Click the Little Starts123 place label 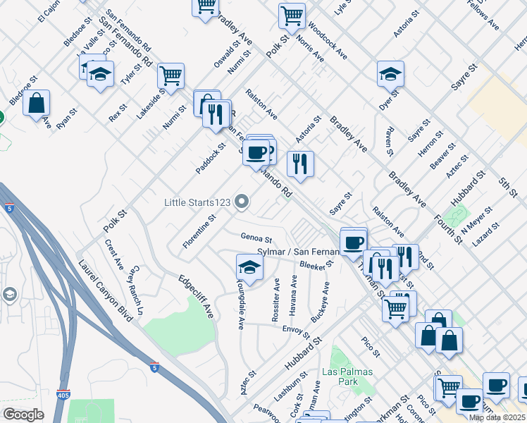point(197,202)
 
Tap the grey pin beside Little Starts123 point(242,203)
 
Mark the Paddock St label point(211,159)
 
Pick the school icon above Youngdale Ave point(249,266)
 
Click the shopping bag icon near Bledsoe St point(37,103)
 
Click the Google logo point(23,414)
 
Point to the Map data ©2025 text point(497,417)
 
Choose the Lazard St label point(485,233)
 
